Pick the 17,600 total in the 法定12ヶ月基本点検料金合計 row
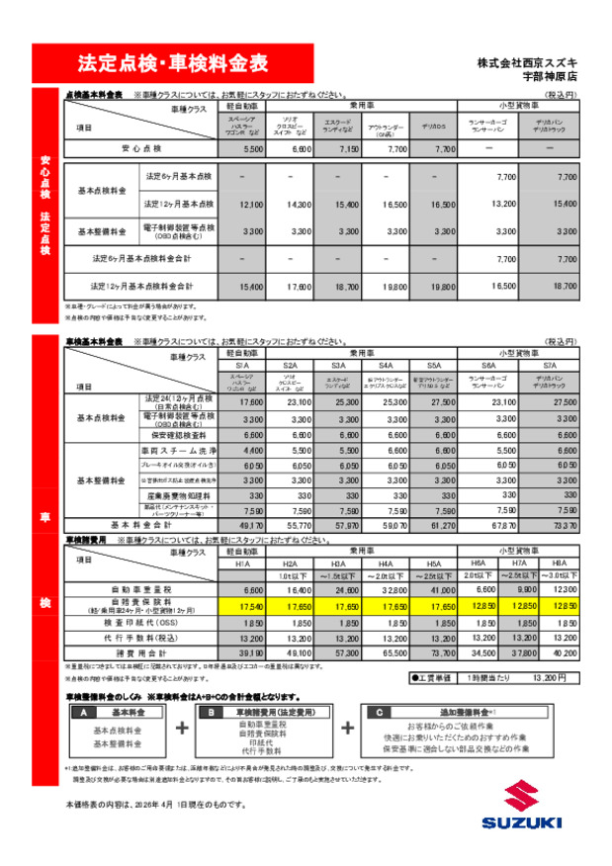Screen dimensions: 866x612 coord(300,286)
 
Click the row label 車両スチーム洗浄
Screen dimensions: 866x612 coord(179,450)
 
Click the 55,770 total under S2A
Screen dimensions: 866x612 coord(300,526)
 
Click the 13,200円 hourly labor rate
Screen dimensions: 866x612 coord(549,677)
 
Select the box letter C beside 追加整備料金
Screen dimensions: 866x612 coord(381,712)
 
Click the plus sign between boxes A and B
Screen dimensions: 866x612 coord(182,729)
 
